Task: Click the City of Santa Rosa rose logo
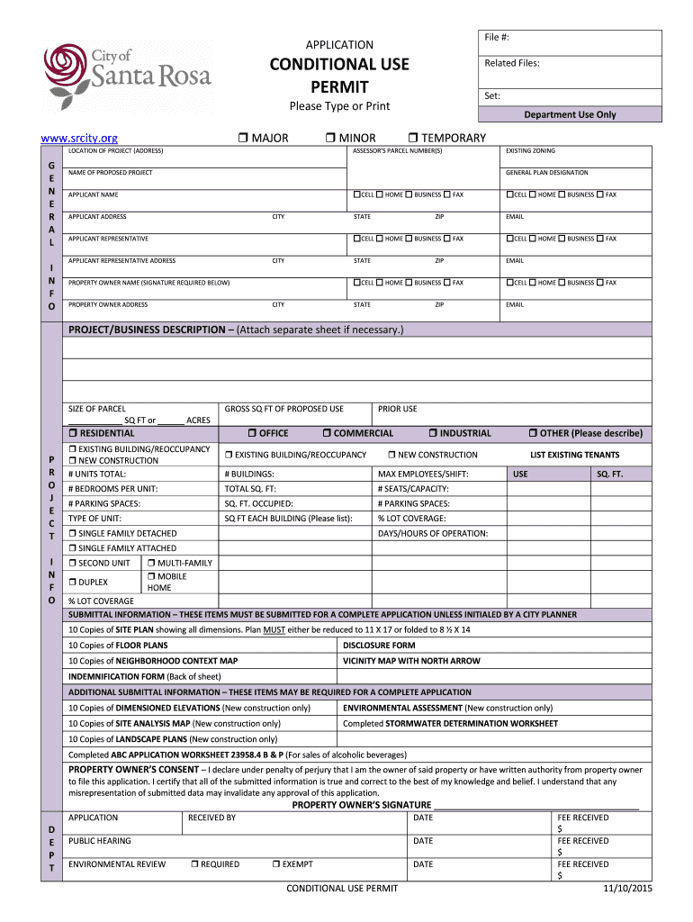tap(65, 69)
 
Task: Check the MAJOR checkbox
tap(243, 138)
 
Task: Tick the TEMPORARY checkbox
tap(412, 138)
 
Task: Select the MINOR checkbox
tap(329, 138)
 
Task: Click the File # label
tap(498, 37)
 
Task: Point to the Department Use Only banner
tap(570, 115)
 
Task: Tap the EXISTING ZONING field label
tap(530, 151)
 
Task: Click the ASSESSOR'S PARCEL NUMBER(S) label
tap(397, 151)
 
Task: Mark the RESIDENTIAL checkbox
tap(73, 433)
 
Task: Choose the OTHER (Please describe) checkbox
tap(533, 433)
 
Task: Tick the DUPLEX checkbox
tap(73, 583)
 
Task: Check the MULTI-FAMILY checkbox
tap(151, 563)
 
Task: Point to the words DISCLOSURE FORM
tap(379, 646)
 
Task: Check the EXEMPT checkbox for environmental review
tap(275, 864)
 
